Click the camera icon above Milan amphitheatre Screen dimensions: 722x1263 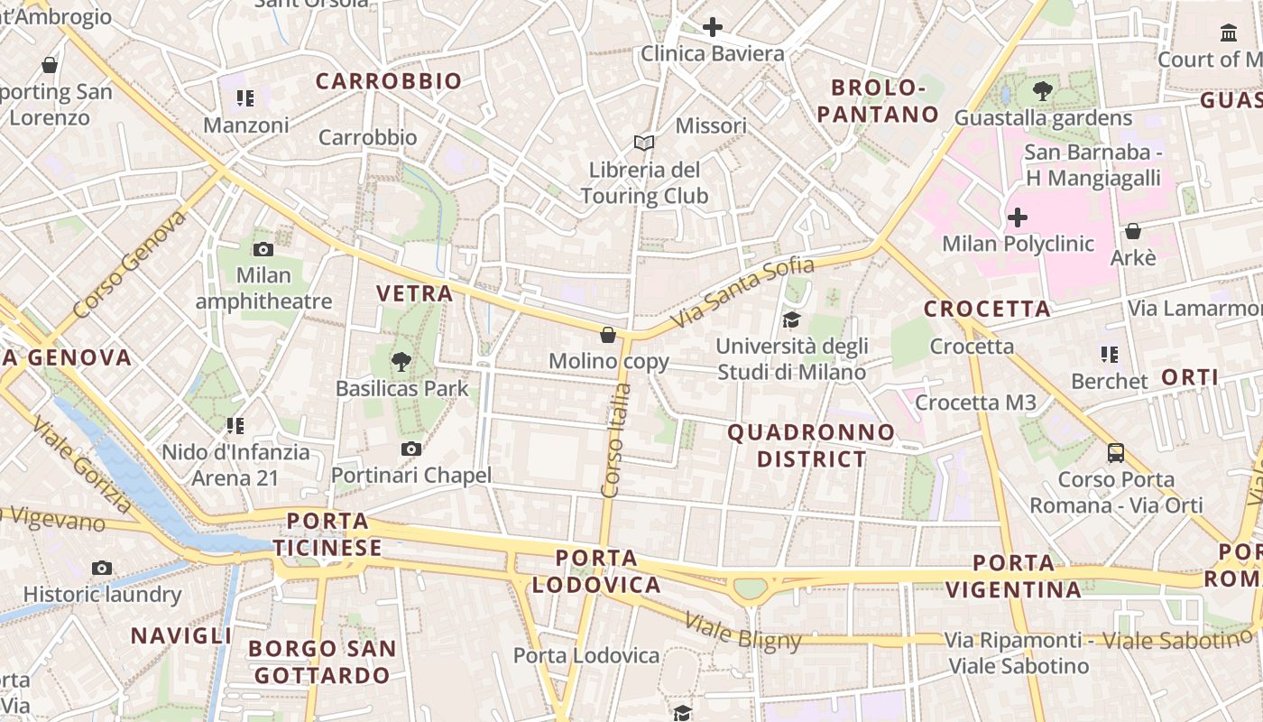[x=263, y=249]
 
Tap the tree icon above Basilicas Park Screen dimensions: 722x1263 [x=401, y=362]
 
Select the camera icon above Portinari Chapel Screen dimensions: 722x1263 [x=411, y=449]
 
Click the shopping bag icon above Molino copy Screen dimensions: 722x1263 [x=609, y=335]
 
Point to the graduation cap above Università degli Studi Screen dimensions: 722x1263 [x=791, y=319]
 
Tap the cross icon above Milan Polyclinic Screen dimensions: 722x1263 [x=1018, y=218]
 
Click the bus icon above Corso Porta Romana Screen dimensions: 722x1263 [x=1116, y=452]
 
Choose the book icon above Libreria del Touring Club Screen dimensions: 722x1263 [x=643, y=143]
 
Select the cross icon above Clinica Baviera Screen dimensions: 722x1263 [x=713, y=27]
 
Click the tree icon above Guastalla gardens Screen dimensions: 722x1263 [x=1042, y=90]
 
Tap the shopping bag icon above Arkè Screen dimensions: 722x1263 [x=1133, y=231]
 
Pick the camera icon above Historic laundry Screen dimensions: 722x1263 [x=102, y=568]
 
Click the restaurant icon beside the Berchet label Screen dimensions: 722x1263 [x=1109, y=355]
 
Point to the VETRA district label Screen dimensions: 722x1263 [x=414, y=293]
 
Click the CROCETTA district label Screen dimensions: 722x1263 [x=987, y=309]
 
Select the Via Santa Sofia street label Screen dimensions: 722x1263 [x=742, y=292]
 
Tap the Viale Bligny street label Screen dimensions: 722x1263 [x=742, y=632]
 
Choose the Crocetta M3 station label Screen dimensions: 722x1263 [x=975, y=403]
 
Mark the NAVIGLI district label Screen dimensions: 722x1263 [x=181, y=635]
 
